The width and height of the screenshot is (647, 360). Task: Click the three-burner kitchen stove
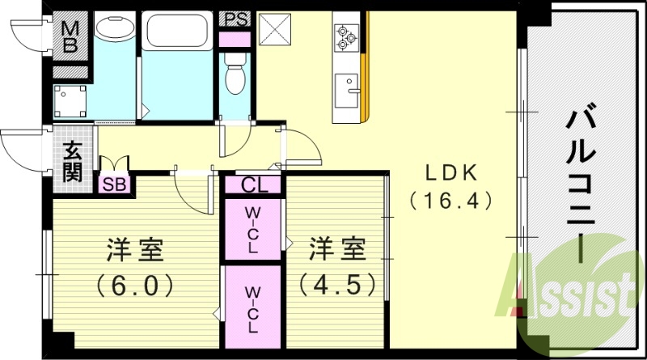pyautogui.click(x=348, y=35)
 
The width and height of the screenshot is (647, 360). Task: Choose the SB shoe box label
pyautogui.click(x=114, y=184)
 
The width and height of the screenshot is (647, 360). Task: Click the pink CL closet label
pyautogui.click(x=253, y=185)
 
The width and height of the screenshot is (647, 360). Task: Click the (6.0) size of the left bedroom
pyautogui.click(x=135, y=286)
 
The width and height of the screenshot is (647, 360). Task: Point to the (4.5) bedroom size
pyautogui.click(x=336, y=285)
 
